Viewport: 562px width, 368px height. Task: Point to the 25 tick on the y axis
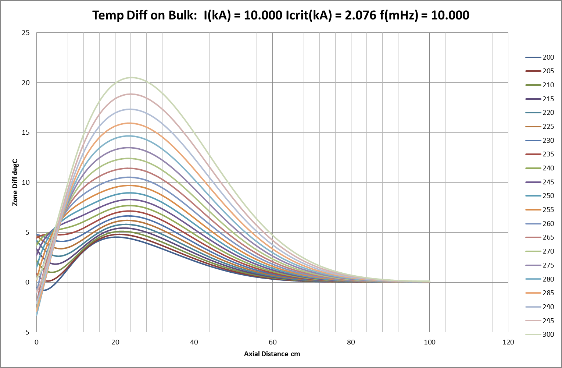26,33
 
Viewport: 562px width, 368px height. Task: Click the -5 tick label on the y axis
26,332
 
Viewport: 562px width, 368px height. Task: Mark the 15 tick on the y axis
26,132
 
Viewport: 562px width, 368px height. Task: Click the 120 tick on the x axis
508,342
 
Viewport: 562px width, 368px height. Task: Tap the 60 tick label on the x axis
272,342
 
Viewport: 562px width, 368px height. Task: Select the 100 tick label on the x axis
430,342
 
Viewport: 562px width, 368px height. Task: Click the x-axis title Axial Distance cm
272,354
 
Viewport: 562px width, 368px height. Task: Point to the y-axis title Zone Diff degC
15,183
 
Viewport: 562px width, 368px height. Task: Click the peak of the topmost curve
131,77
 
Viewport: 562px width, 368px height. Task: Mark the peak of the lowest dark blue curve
117,237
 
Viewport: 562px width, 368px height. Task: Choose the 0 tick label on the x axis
36,342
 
